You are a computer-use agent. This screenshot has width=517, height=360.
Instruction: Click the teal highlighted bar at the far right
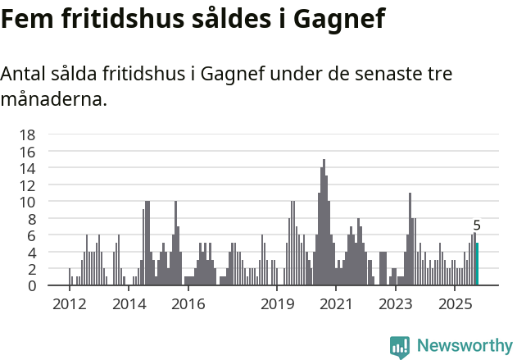(477, 264)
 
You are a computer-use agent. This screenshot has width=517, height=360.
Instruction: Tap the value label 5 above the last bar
(477, 226)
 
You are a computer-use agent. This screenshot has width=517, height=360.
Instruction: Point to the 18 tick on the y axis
(27, 134)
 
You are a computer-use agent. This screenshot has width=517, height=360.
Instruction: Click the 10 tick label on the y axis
(27, 202)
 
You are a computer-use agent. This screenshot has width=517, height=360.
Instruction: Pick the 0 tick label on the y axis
(31, 285)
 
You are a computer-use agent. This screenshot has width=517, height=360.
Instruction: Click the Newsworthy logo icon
(400, 346)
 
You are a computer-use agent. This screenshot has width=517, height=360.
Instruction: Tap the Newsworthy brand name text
(464, 346)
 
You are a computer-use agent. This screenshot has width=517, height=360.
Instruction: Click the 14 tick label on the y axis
(27, 168)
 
